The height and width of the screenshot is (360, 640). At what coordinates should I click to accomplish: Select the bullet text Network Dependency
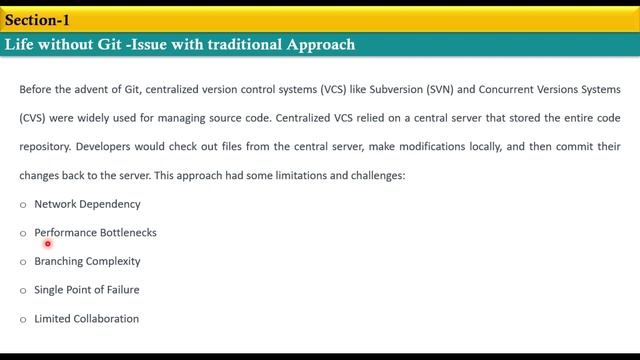click(87, 204)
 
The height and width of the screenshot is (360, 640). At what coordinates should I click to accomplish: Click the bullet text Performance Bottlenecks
click(95, 233)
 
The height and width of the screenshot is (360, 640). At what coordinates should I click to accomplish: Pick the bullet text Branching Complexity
click(87, 261)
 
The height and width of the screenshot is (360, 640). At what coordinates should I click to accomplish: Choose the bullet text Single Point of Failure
click(87, 290)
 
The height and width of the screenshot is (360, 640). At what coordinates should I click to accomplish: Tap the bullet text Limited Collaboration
click(86, 319)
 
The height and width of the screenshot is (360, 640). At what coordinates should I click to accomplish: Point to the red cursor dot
click(47, 243)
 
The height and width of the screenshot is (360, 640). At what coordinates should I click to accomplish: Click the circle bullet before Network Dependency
click(23, 205)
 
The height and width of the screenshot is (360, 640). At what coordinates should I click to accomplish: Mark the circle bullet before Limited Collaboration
click(23, 320)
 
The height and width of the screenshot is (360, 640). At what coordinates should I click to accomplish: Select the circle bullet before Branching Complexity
click(23, 262)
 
